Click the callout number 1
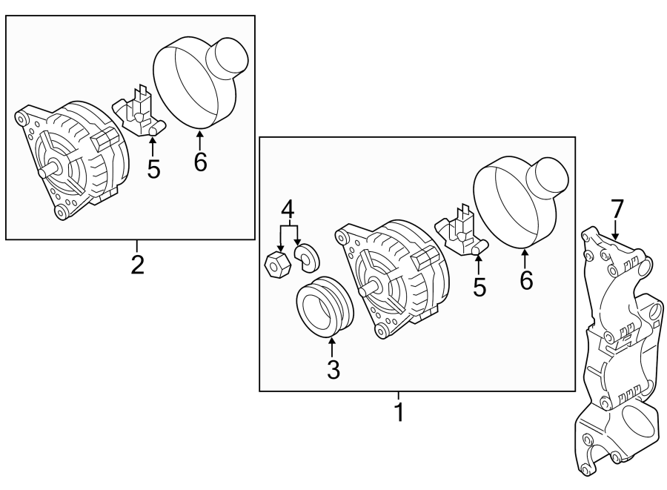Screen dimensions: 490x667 point(399,411)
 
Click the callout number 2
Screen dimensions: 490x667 point(137,264)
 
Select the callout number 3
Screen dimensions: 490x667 point(333,368)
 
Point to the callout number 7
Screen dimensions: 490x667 point(617,209)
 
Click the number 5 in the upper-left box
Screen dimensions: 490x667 point(153,168)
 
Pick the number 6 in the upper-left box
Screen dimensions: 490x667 point(200,161)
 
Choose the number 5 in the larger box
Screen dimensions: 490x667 point(479,286)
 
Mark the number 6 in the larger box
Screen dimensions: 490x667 point(525,281)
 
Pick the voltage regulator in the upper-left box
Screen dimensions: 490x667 point(139,113)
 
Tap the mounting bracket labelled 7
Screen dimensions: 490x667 point(619,348)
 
